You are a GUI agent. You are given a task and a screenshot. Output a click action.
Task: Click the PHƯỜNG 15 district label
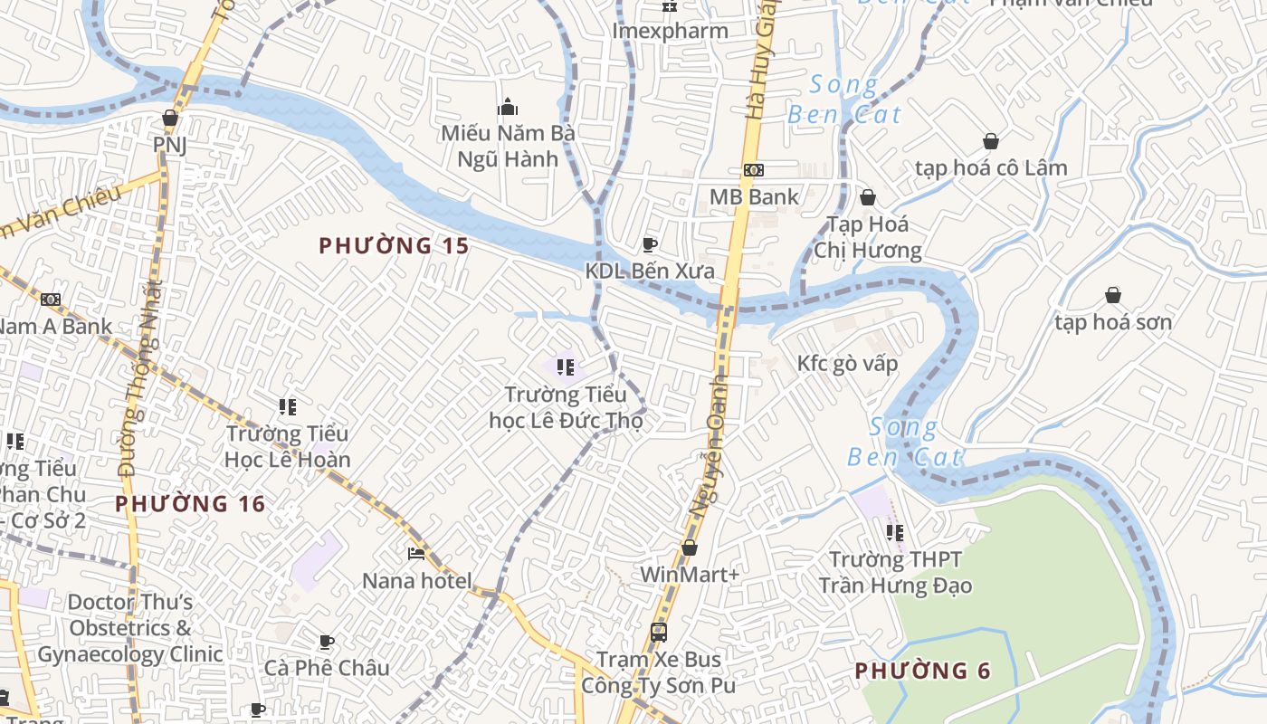(x=395, y=245)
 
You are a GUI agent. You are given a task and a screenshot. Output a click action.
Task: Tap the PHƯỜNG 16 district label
(x=190, y=504)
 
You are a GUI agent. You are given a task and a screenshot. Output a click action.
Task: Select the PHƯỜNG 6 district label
(x=922, y=671)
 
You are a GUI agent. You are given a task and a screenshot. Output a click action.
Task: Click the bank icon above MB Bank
(x=753, y=170)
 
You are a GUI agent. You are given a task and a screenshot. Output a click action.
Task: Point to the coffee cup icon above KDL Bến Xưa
(x=649, y=244)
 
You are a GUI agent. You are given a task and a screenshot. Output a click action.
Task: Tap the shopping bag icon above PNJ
(x=169, y=118)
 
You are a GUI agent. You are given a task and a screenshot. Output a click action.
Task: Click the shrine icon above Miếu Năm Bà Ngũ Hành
(x=508, y=107)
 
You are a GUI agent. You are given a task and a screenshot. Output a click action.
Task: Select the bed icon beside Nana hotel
(x=416, y=553)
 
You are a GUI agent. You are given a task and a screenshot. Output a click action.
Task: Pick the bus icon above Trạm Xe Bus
(x=659, y=633)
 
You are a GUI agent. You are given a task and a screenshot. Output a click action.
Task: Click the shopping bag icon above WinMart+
(x=690, y=548)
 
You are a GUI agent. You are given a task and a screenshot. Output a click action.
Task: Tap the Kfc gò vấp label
(x=847, y=364)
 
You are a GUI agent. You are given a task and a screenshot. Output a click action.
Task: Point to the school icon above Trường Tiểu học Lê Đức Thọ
(x=566, y=367)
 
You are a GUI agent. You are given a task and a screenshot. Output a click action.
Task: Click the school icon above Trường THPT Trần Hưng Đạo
(x=895, y=532)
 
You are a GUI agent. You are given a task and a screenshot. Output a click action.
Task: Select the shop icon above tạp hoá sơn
(x=1113, y=295)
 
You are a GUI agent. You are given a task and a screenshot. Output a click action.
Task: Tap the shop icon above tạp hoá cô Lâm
(x=991, y=141)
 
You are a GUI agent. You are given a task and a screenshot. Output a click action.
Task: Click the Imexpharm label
(x=670, y=31)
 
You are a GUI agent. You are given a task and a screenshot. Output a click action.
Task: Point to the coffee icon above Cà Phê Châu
(x=327, y=642)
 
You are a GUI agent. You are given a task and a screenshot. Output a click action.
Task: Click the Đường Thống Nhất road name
(x=140, y=380)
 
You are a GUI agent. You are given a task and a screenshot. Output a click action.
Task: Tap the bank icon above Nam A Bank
(x=51, y=300)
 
